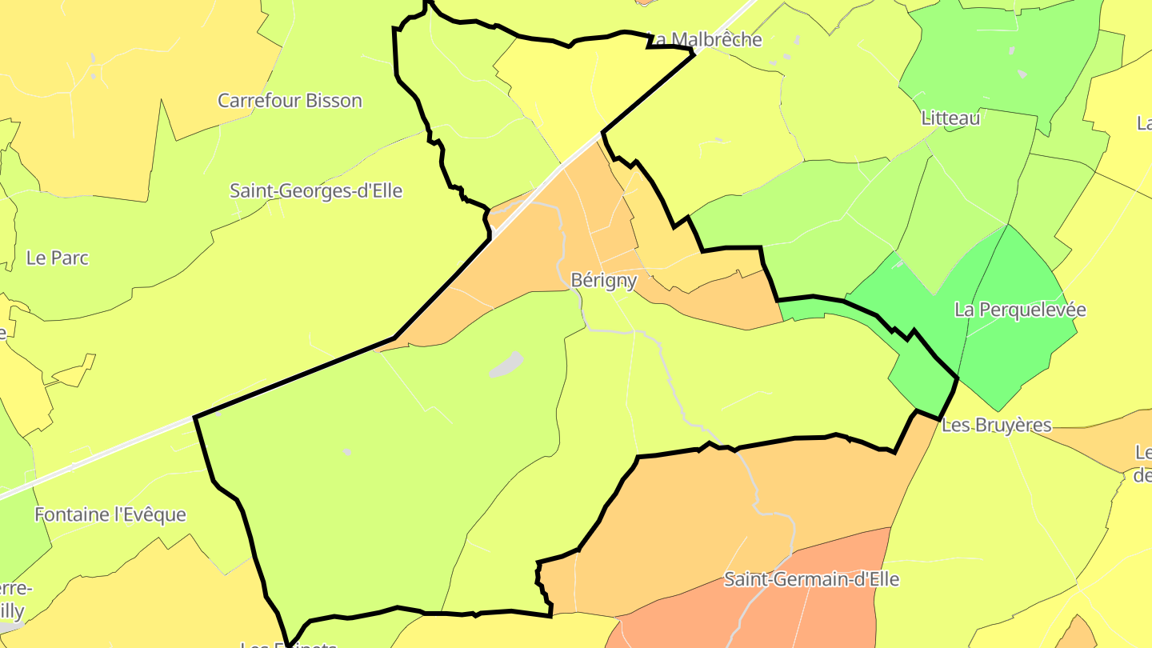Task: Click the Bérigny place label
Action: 603,281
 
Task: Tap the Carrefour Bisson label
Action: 290,101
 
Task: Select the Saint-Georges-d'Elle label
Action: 315,191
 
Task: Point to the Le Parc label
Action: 58,258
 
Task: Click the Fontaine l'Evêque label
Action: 110,514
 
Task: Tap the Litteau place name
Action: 950,118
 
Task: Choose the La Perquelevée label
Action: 1020,310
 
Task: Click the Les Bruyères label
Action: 996,425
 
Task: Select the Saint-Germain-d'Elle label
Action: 811,579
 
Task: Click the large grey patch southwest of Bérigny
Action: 506,364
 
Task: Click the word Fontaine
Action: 71,514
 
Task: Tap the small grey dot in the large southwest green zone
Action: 347,452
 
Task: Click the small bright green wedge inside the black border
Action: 920,376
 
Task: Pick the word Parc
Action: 70,258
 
